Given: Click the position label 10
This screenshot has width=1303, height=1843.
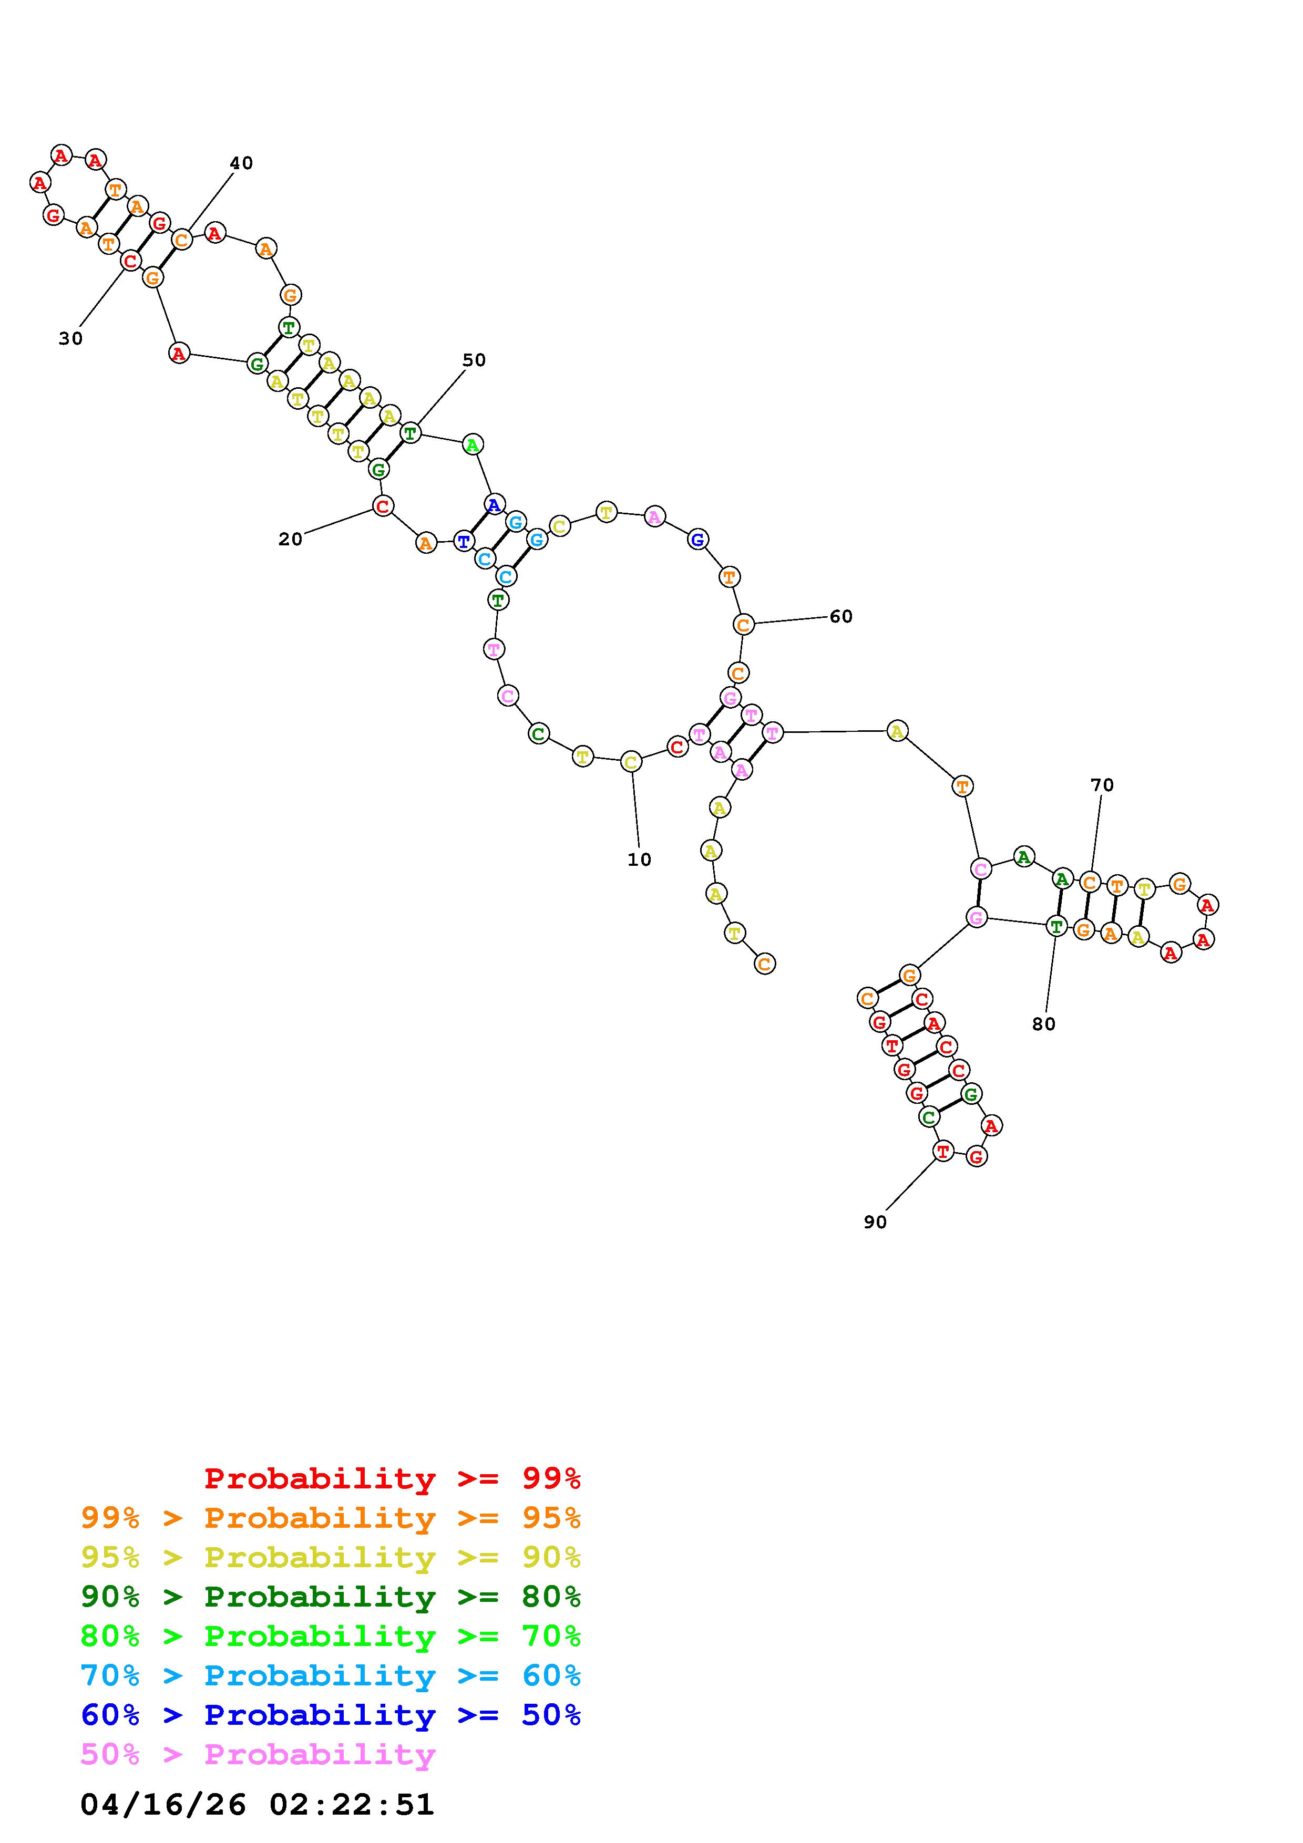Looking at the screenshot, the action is tap(639, 860).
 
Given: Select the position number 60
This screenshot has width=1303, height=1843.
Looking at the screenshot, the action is tap(840, 616).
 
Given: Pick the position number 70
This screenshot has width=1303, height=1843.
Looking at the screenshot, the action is tap(1102, 785).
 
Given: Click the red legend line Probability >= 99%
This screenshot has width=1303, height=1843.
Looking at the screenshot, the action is tap(393, 1478).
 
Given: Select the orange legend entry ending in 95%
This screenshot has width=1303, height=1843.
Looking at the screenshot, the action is tap(331, 1518).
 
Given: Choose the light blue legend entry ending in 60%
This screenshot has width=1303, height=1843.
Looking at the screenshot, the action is tap(331, 1676).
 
